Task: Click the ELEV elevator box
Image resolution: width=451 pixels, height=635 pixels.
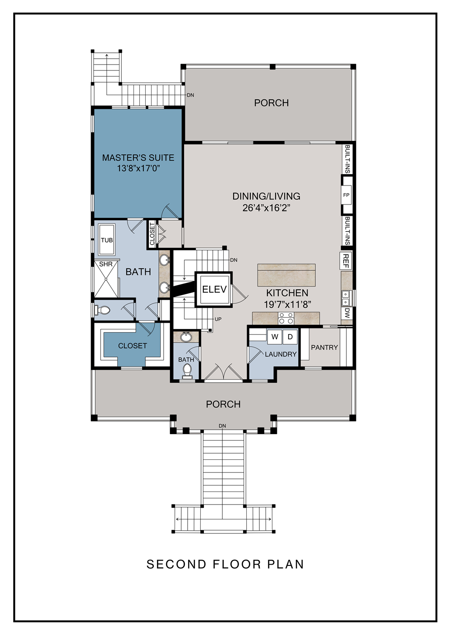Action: (x=214, y=289)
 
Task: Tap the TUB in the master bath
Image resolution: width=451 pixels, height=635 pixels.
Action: (x=106, y=240)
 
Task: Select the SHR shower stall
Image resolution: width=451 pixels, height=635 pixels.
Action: (x=106, y=278)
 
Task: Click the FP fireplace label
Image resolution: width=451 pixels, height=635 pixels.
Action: (x=346, y=195)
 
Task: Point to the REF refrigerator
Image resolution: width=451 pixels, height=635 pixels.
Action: (x=345, y=260)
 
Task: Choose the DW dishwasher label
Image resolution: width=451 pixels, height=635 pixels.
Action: (x=347, y=313)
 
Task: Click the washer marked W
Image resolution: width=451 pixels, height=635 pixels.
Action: (x=275, y=337)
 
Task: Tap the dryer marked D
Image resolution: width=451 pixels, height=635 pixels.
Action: (x=290, y=337)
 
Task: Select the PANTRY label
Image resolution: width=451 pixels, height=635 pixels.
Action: (x=324, y=347)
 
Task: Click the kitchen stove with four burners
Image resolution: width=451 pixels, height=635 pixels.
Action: (x=286, y=318)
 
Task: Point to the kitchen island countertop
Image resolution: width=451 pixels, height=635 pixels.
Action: (x=286, y=275)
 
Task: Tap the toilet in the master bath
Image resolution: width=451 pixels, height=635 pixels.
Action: (x=102, y=310)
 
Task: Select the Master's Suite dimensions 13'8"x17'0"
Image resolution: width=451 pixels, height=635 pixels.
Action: (x=138, y=168)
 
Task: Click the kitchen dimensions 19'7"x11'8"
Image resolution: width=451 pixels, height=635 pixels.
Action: (x=288, y=305)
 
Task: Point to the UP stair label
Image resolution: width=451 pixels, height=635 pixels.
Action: (x=218, y=319)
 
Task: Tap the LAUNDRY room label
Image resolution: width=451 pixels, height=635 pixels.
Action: (x=281, y=354)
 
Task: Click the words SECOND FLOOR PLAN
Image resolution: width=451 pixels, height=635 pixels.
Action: (x=225, y=564)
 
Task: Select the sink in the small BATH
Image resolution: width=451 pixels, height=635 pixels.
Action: (x=186, y=337)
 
